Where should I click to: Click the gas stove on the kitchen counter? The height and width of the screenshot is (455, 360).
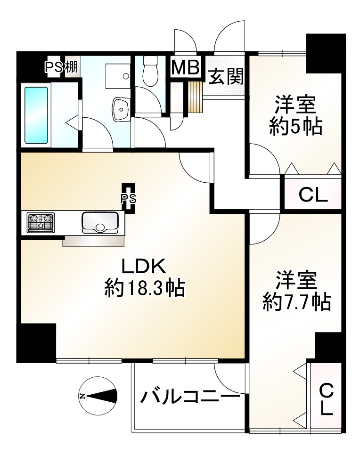tap(41, 223)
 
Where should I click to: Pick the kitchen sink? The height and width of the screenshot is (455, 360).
tap(99, 223)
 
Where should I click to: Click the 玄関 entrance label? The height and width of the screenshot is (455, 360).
tap(226, 76)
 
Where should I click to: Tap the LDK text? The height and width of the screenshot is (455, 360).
tap(143, 267)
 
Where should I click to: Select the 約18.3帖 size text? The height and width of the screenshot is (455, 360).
tap(144, 287)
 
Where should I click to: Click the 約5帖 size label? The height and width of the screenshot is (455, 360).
tap(295, 126)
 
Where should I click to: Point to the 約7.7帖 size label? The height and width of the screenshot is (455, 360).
tap(296, 302)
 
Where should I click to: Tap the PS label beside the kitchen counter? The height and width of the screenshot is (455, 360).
tap(128, 199)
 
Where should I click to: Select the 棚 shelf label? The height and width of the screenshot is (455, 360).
tap(72, 67)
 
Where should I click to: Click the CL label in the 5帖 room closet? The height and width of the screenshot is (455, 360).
tap(313, 195)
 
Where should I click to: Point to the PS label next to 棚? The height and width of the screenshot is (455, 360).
tap(54, 67)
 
